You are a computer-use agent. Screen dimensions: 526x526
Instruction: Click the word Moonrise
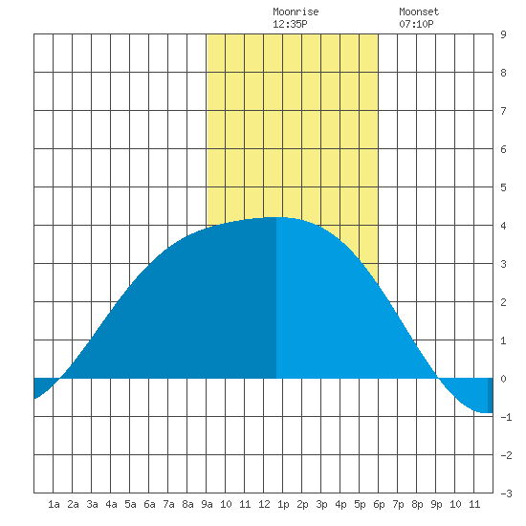point(296,11)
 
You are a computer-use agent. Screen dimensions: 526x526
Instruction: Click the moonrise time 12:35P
point(290,24)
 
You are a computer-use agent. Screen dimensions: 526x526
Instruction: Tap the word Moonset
point(419,11)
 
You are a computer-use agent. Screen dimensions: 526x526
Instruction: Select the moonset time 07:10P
point(416,24)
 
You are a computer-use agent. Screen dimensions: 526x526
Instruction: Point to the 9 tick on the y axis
point(503,34)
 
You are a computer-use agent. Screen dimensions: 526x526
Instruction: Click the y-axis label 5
point(503,187)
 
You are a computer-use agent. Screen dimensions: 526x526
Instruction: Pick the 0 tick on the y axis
point(503,379)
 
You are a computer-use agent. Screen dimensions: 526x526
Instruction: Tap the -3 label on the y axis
point(506,493)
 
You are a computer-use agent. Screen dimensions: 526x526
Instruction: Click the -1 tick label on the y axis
point(506,417)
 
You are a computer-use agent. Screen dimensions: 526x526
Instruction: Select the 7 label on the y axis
point(503,111)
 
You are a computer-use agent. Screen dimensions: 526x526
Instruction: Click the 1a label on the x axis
point(54,504)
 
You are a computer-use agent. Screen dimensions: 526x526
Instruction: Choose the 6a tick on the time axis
point(149,504)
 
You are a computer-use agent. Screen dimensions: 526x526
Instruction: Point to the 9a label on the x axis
point(207,504)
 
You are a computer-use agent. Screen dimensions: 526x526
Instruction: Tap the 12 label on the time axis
point(264,504)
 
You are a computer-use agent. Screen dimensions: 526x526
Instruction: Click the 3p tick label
point(321,504)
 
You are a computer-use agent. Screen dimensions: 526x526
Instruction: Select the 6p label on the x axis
point(379,504)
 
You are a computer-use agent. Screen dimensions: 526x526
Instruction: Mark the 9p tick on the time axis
point(436,504)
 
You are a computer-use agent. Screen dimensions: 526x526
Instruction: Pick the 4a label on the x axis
point(111,504)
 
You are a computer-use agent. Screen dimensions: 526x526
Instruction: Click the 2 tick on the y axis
point(503,302)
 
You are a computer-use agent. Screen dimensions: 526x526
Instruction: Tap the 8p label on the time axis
point(417,504)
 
